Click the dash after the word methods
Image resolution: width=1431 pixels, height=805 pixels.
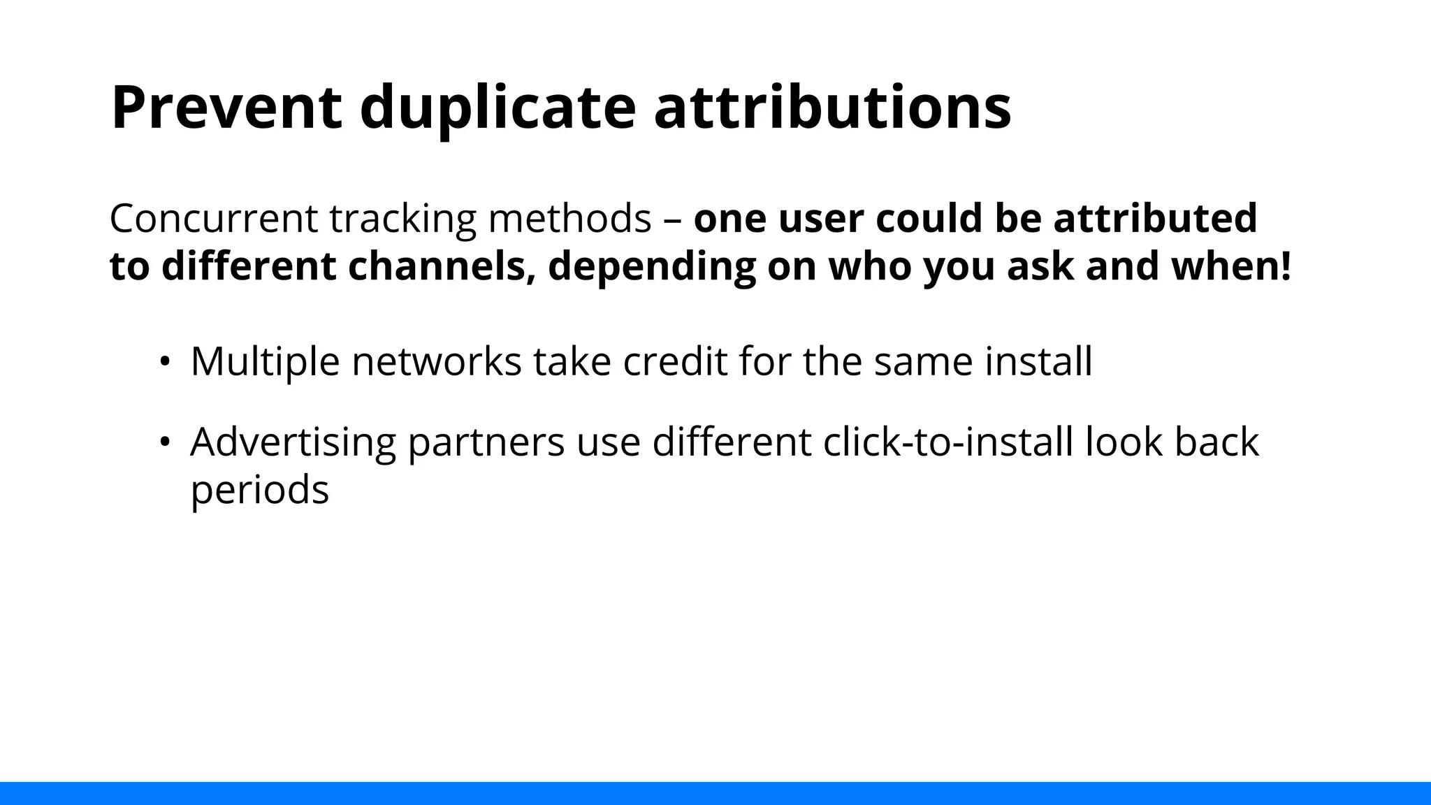tap(673, 219)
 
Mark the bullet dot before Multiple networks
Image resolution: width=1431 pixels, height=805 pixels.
tap(165, 362)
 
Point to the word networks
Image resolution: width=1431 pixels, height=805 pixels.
tap(436, 362)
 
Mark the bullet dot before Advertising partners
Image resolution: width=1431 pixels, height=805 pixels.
tap(165, 442)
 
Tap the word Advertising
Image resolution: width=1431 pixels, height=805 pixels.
tap(293, 442)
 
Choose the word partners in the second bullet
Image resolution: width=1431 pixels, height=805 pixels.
tap(486, 442)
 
